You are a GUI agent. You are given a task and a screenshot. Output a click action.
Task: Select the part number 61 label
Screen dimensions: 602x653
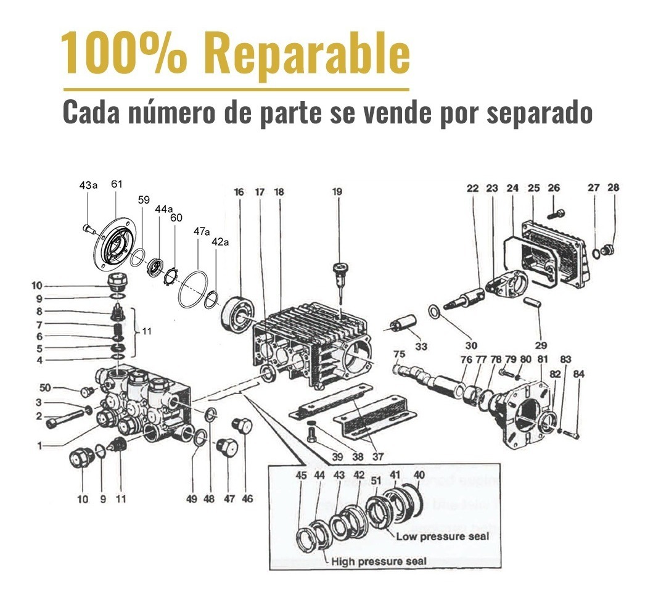117,184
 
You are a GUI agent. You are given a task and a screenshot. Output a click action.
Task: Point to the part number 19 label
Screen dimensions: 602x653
337,192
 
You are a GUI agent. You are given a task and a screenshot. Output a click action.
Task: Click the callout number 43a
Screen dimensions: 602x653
88,185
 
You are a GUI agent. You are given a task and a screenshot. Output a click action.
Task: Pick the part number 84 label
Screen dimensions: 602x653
579,374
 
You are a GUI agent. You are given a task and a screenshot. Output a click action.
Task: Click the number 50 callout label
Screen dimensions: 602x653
44,387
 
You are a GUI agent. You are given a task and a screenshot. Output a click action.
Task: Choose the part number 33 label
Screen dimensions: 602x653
421,347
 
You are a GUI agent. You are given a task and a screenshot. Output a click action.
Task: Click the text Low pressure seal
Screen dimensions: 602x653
442,536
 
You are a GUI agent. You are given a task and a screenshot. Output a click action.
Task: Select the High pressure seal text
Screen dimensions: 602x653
379,561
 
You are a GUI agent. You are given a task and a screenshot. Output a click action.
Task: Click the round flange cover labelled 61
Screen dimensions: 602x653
117,242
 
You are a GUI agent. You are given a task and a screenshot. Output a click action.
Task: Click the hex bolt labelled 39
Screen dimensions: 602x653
312,435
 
